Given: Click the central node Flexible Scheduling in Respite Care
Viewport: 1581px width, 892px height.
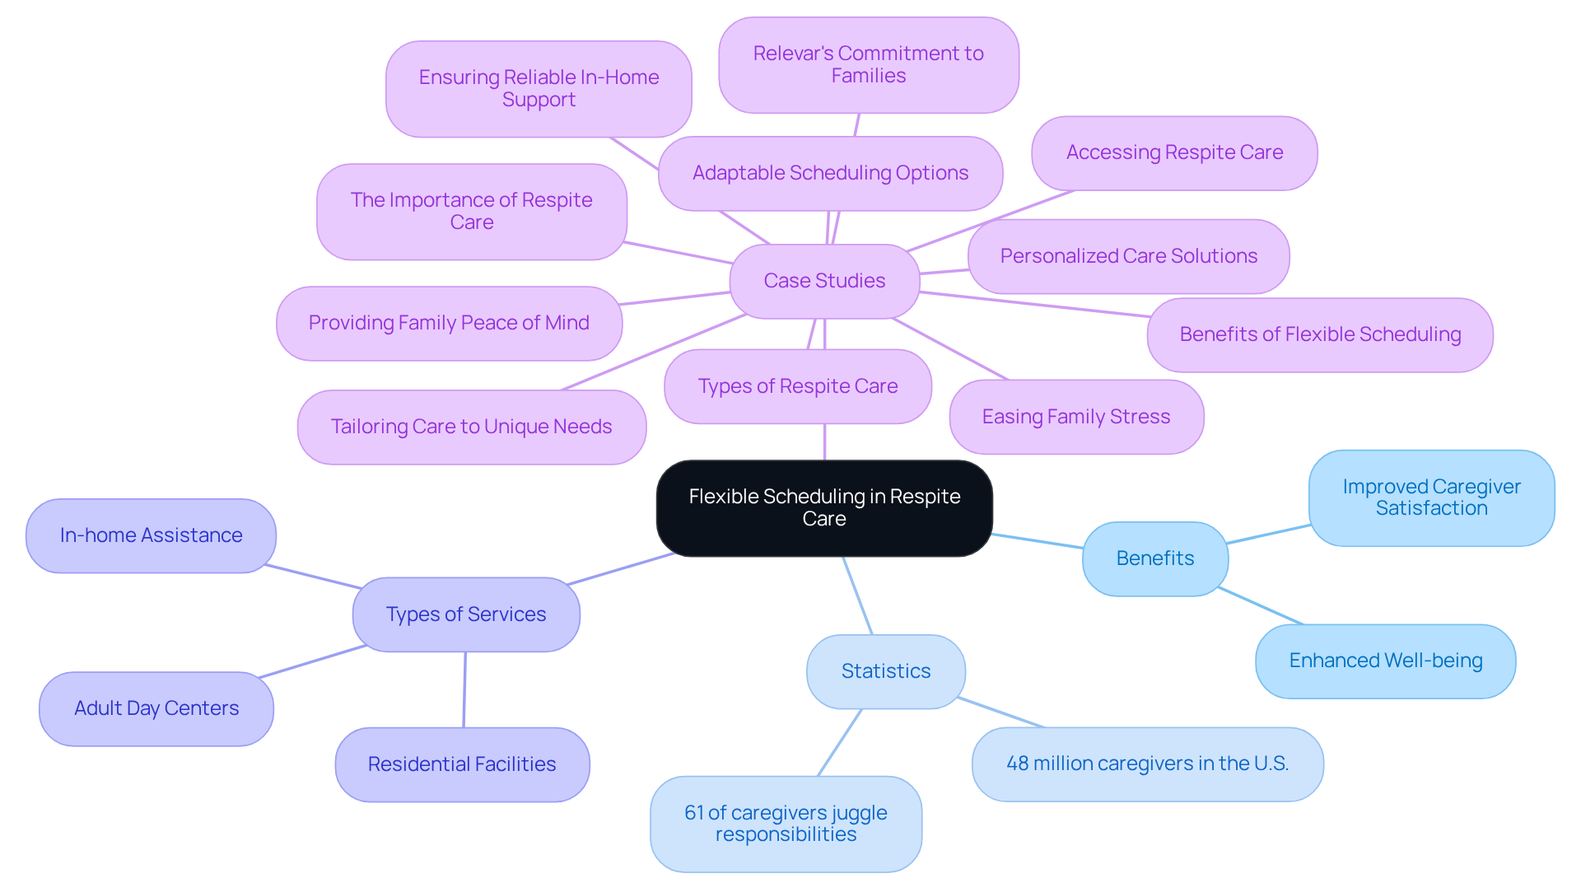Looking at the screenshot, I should point(824,507).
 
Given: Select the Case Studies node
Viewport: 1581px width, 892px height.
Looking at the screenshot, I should point(824,281).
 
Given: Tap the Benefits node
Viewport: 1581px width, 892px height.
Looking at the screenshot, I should point(1154,558).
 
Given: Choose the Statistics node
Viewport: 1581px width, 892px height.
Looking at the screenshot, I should point(885,671).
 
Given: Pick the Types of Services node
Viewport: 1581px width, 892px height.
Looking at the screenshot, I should point(466,614).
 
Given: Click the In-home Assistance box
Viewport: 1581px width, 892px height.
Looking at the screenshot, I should point(151,535).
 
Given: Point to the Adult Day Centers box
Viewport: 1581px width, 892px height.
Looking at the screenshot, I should point(156,708).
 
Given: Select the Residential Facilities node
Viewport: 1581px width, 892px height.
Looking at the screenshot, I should point(462,764).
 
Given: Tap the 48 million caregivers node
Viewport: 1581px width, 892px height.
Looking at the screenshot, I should point(1147,764).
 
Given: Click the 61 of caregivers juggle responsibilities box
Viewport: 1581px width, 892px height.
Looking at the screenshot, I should point(786,824).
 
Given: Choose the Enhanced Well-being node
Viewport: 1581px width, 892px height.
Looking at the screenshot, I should point(1385,661).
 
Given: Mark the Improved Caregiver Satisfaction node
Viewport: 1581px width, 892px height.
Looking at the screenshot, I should point(1431,497).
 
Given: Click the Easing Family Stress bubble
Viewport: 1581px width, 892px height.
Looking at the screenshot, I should point(1075,417).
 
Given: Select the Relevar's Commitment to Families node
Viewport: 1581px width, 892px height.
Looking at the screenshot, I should point(868,64).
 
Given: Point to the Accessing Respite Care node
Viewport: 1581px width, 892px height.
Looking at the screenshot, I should point(1174,152).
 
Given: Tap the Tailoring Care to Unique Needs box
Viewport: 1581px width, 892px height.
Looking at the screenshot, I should point(471,427).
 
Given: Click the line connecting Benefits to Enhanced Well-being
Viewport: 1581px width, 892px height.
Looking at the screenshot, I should point(1260,605).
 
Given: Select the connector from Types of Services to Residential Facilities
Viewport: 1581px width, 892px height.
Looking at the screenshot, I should point(464,689).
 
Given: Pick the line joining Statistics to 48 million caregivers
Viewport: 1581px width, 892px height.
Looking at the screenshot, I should point(1001,712).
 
